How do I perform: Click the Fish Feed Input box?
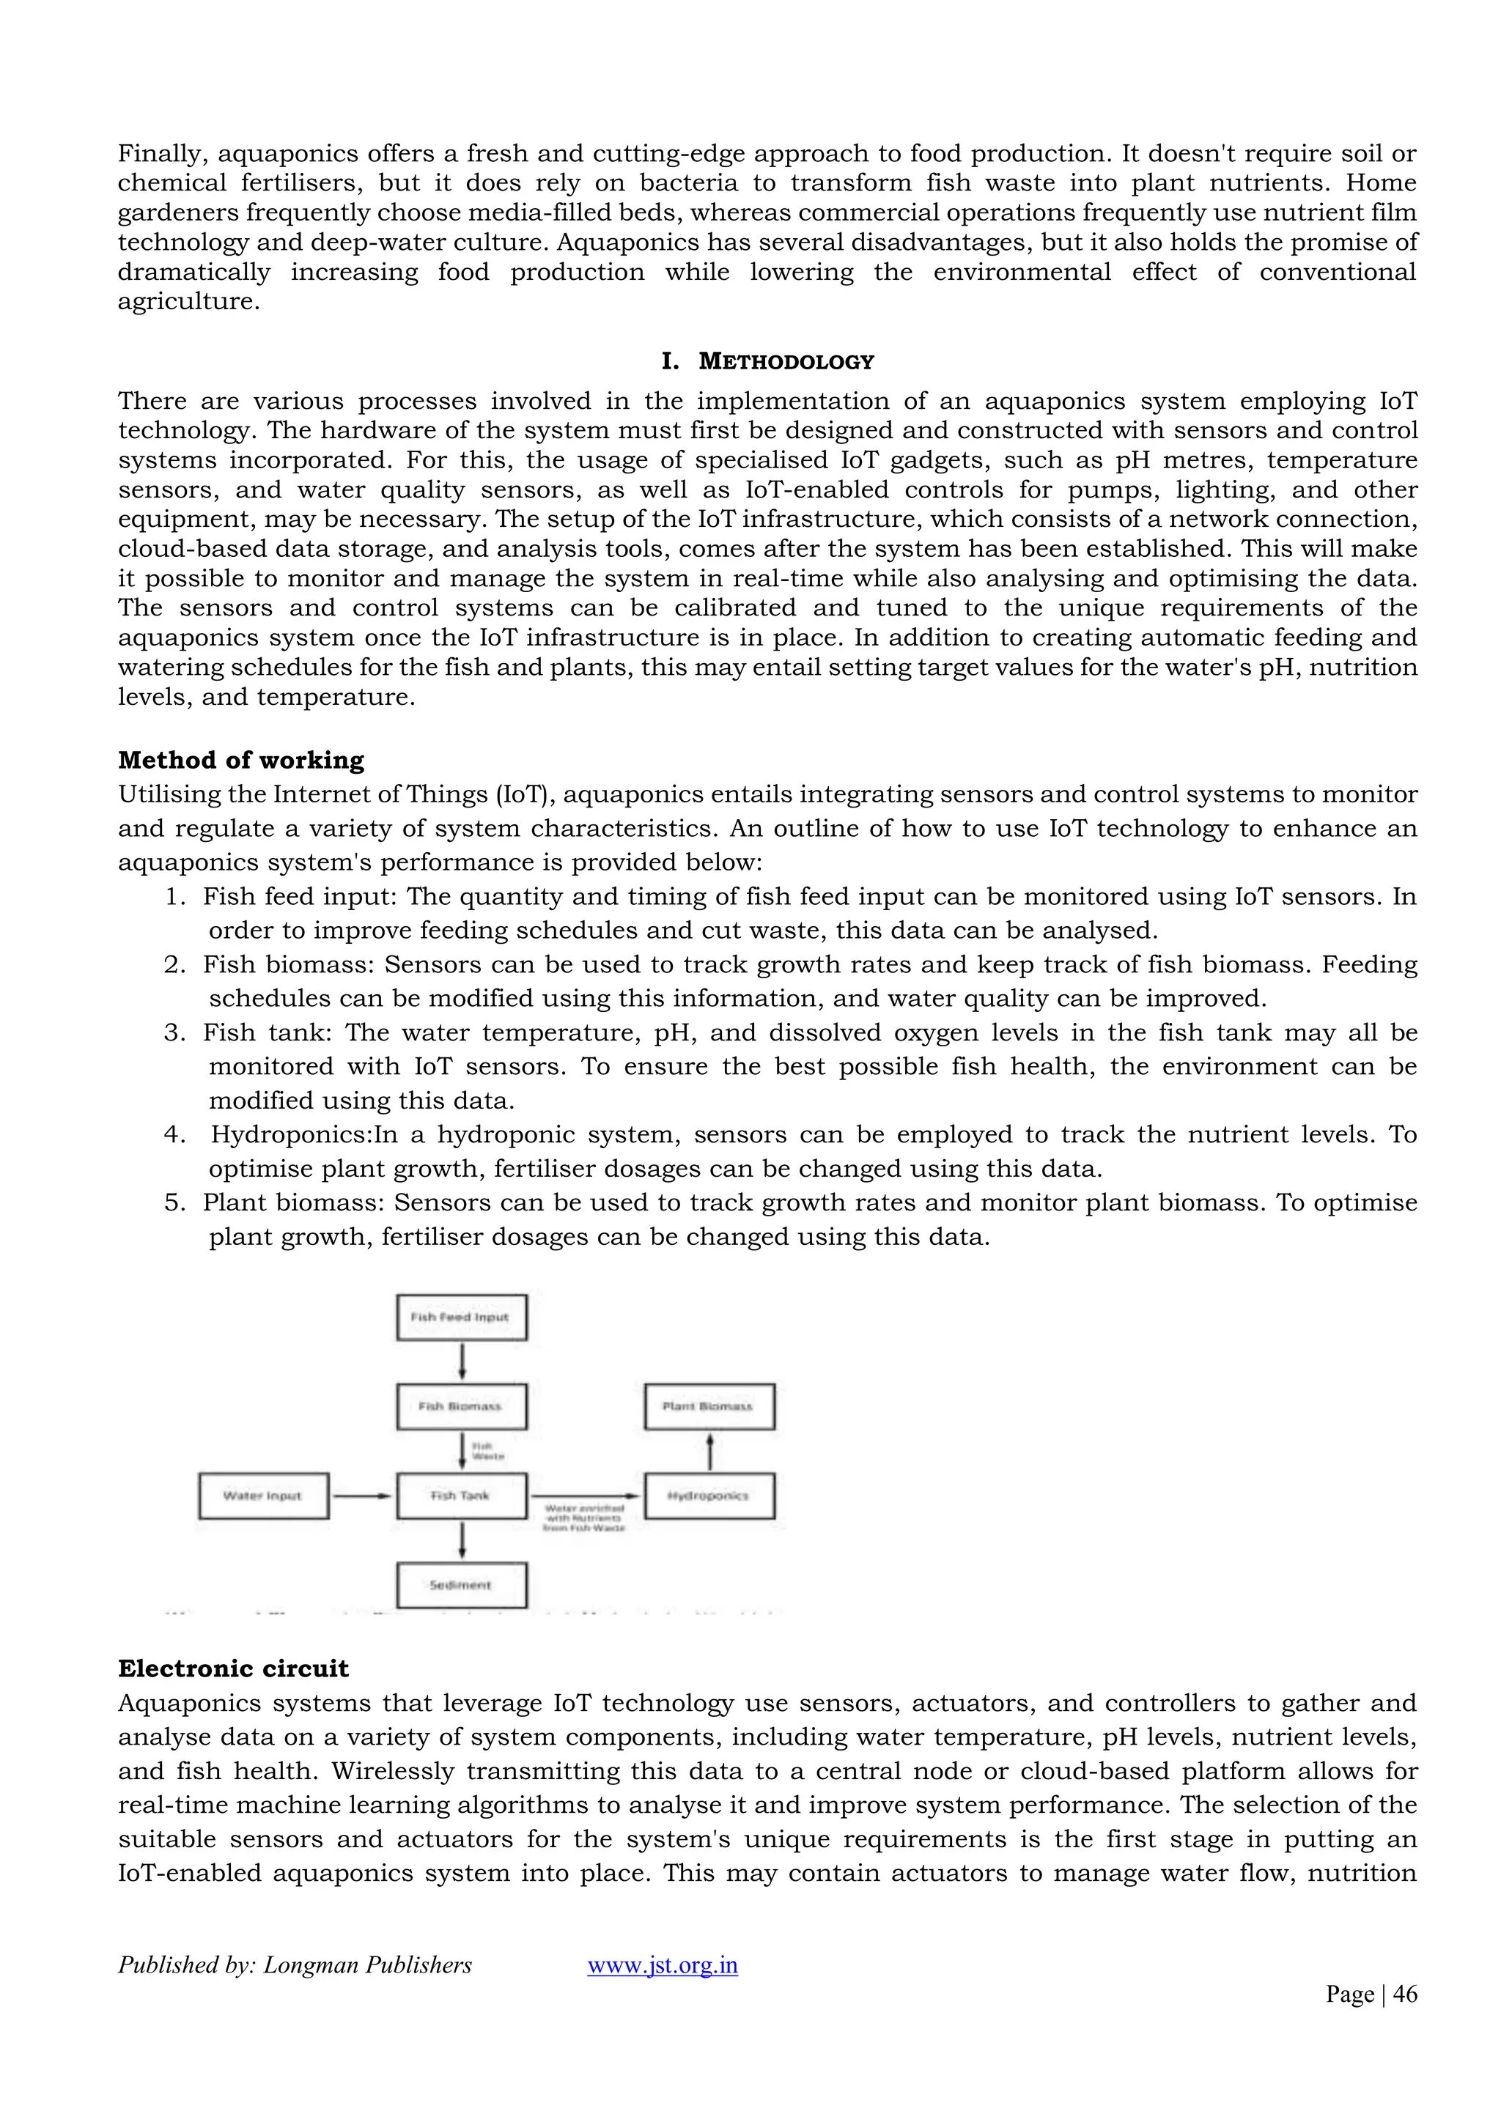click(461, 1317)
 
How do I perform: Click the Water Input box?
click(263, 1496)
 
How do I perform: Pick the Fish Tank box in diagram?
click(461, 1496)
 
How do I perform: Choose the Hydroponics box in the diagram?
click(709, 1496)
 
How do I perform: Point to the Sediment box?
click(461, 1584)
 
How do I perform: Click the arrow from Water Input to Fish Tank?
click(361, 1496)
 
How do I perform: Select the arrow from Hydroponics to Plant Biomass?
click(709, 1451)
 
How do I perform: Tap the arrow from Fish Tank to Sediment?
click(461, 1539)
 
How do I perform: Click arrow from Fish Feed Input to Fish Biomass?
click(461, 1361)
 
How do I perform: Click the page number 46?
click(1405, 1994)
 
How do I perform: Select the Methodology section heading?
click(785, 361)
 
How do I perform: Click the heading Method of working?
click(241, 760)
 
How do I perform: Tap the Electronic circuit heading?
click(233, 1668)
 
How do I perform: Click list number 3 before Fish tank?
click(174, 1032)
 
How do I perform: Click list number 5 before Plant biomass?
click(174, 1202)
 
